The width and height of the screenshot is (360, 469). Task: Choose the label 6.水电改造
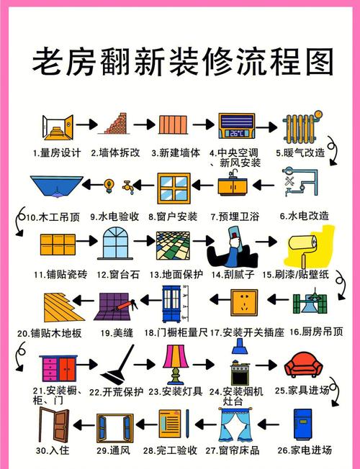303,215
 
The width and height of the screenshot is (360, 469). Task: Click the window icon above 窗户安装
176,188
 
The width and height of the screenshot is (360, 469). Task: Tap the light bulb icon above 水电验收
109,185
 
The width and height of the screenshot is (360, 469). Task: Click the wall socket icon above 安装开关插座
243,304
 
